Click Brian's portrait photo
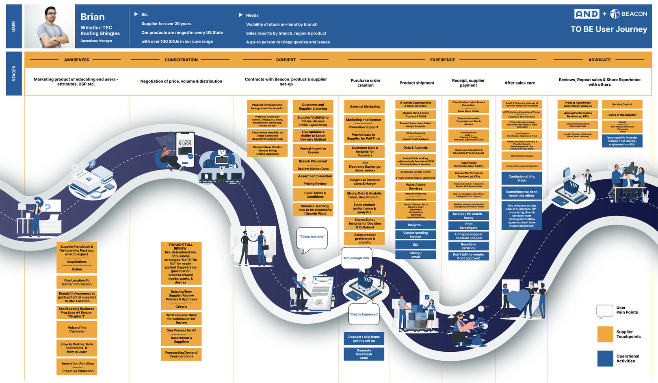tap(50, 26)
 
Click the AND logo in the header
tap(587, 14)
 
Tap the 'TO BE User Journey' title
tap(608, 29)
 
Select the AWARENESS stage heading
tap(76, 60)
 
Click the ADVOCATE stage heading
tap(599, 60)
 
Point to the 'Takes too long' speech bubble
tap(312, 237)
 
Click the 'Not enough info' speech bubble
tap(357, 258)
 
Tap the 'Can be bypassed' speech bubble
tap(364, 314)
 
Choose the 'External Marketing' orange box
tap(365, 106)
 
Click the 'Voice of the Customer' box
tap(77, 329)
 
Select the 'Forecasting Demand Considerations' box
tap(181, 354)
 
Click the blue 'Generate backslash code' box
tap(364, 354)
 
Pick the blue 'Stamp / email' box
tap(415, 255)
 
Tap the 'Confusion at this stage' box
tap(522, 178)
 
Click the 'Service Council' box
tap(622, 104)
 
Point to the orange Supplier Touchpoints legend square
tap(605, 334)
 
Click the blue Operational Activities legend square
tap(605, 359)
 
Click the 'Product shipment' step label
tap(417, 83)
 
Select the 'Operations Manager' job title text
tap(96, 41)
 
